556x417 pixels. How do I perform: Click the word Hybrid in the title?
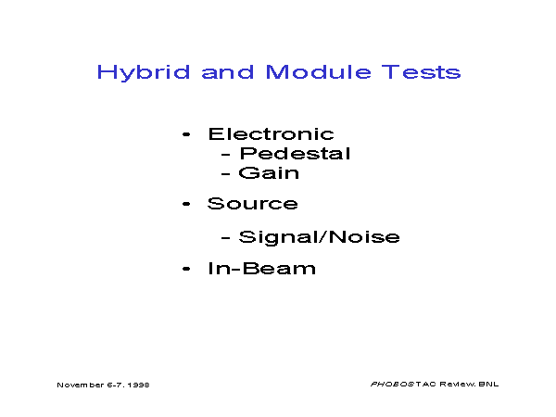(144, 73)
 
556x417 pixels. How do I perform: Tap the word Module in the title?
(319, 72)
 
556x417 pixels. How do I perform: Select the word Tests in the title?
(422, 72)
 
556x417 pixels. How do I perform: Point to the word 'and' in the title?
(228, 72)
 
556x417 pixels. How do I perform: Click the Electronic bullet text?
(272, 134)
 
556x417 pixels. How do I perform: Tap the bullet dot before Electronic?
(186, 134)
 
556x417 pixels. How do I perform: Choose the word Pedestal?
(296, 154)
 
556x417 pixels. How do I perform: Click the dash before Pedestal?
(225, 155)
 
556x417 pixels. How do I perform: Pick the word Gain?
(269, 173)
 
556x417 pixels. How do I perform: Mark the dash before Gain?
(225, 174)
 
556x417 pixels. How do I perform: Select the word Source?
(253, 204)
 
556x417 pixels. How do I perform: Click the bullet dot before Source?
(186, 204)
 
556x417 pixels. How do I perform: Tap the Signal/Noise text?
(320, 237)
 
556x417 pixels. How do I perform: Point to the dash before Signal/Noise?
(225, 238)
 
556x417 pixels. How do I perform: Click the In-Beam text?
(261, 269)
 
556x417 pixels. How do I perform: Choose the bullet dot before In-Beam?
(186, 269)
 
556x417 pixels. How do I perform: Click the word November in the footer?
(81, 385)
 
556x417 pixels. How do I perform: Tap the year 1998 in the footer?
(139, 385)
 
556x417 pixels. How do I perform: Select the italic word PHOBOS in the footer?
(393, 384)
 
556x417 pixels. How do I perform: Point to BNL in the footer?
(488, 384)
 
